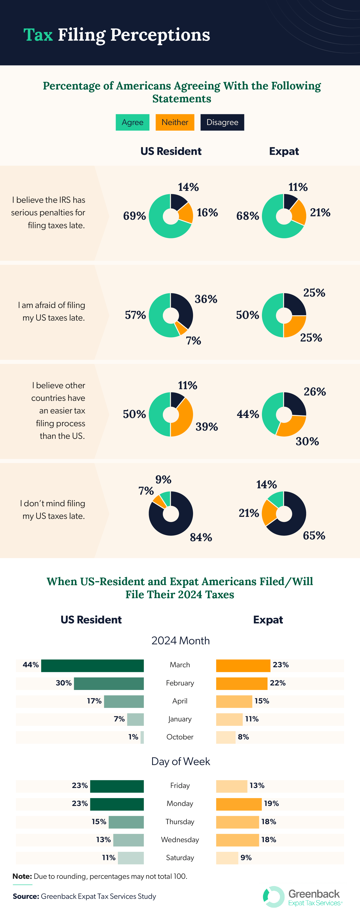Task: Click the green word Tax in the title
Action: pyautogui.click(x=38, y=35)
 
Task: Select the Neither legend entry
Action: pyautogui.click(x=175, y=122)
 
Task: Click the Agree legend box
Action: pyautogui.click(x=133, y=122)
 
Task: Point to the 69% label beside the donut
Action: pyautogui.click(x=134, y=216)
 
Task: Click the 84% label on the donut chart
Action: pyautogui.click(x=201, y=537)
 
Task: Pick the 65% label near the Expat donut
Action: pyautogui.click(x=314, y=535)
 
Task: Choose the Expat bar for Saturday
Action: pyautogui.click(x=227, y=858)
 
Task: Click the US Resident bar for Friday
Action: pyautogui.click(x=117, y=786)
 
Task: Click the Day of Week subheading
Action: pyautogui.click(x=180, y=761)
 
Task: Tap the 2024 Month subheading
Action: pyautogui.click(x=180, y=641)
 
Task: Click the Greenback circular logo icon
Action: pyautogui.click(x=274, y=897)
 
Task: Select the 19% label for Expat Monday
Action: pyautogui.click(x=271, y=803)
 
